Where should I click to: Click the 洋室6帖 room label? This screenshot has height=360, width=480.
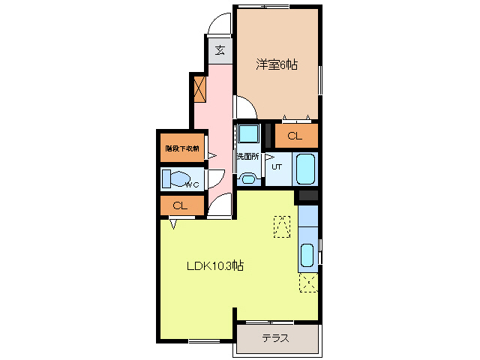coord(277,65)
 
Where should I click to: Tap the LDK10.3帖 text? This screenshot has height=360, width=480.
coord(214,265)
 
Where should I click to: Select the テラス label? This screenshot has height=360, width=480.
coord(276,337)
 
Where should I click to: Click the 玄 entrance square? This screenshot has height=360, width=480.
coord(220,50)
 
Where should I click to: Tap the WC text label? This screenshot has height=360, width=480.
coord(192,184)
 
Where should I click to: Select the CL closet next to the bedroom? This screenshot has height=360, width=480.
coord(295,136)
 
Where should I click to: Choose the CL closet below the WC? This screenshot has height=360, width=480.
coord(180,205)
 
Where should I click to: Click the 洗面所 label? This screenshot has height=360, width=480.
coord(247,157)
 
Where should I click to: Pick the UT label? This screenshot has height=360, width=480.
coord(276,166)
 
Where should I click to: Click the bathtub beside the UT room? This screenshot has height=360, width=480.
coord(306,169)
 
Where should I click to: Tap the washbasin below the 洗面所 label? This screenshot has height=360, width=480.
coord(248,178)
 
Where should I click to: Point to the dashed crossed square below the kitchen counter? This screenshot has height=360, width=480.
coord(307,282)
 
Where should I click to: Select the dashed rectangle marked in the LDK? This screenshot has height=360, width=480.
coord(282,226)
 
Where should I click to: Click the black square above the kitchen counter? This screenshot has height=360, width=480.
coord(307,196)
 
